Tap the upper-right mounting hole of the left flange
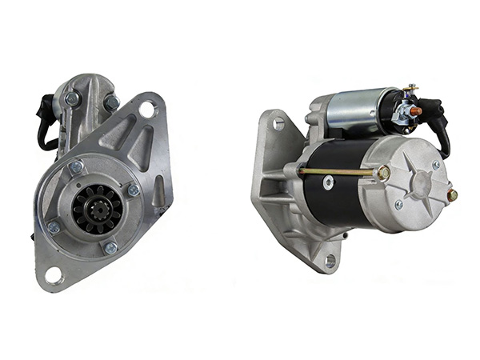click(147, 110)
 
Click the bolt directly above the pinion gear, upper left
click(75, 167)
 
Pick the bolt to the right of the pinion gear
click(133, 190)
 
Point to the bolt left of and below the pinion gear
click(54, 228)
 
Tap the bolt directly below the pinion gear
click(110, 249)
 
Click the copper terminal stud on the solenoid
click(415, 111)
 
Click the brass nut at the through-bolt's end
click(384, 172)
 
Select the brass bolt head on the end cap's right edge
click(452, 194)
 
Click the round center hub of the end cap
click(416, 183)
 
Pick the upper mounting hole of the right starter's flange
click(278, 123)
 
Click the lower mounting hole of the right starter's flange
click(330, 260)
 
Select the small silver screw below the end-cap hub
click(398, 205)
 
